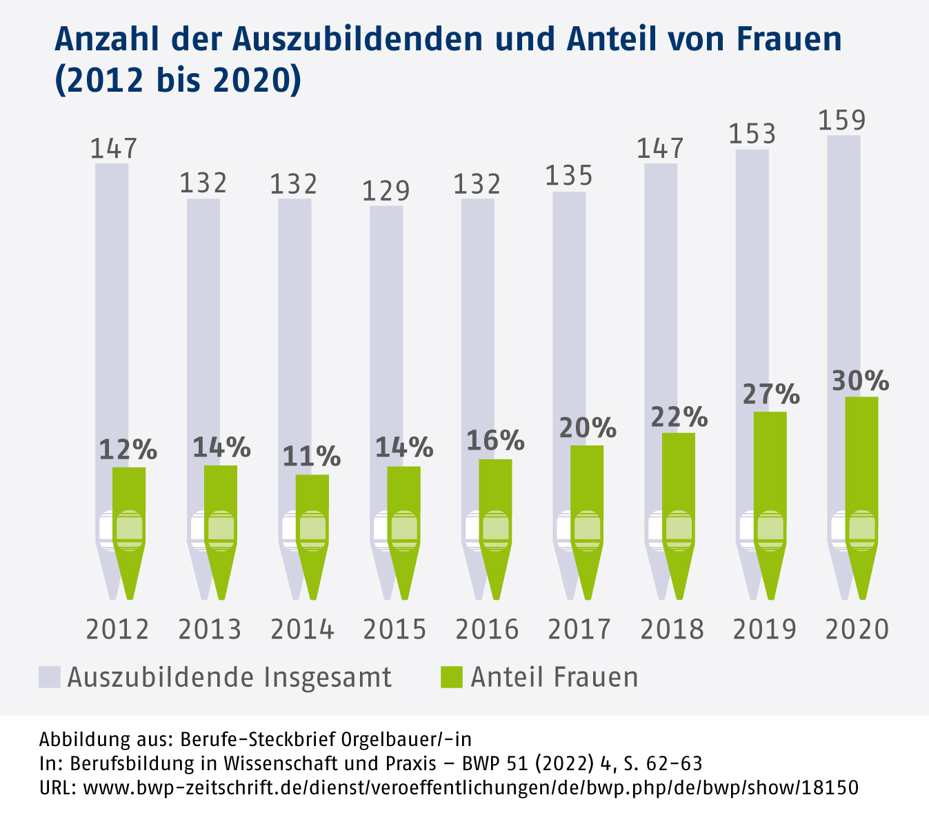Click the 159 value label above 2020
click(x=842, y=120)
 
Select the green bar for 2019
click(x=770, y=462)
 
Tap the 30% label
click(x=861, y=381)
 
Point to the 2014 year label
click(x=302, y=630)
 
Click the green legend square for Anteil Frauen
click(x=451, y=677)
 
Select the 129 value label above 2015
click(x=386, y=190)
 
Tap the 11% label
click(x=312, y=456)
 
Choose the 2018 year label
click(x=672, y=630)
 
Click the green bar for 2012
click(x=129, y=490)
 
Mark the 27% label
click(x=771, y=395)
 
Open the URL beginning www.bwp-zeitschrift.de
click(x=470, y=787)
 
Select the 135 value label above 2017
click(x=569, y=177)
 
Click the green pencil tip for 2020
click(x=862, y=572)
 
